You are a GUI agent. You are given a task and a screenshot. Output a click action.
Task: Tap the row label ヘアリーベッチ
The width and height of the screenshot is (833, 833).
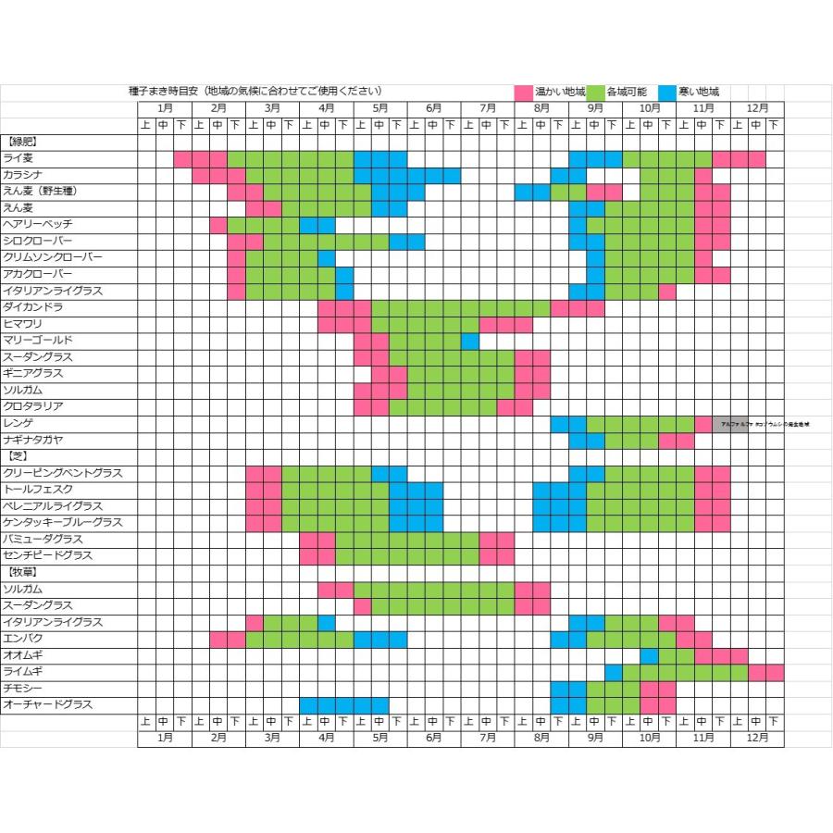38,225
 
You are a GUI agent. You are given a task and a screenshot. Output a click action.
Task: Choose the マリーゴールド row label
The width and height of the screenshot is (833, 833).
38,341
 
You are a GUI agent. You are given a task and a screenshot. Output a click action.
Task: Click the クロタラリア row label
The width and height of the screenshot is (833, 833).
32,406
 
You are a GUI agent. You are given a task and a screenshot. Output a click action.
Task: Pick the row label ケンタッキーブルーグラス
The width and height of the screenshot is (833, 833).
63,523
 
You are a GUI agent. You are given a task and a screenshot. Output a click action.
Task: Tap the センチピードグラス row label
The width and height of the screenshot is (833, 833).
48,555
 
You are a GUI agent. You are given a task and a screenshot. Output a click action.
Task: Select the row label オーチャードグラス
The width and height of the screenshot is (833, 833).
48,704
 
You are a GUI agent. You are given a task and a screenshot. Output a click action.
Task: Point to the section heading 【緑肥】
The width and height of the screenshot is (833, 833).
21,142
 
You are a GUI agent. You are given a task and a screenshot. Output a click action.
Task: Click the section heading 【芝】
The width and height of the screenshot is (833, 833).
16,456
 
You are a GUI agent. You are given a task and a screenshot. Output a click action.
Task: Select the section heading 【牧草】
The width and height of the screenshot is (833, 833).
21,572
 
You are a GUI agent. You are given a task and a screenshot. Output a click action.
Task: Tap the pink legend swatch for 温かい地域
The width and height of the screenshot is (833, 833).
523,93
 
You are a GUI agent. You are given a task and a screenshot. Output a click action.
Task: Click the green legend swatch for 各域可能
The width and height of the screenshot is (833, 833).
595,93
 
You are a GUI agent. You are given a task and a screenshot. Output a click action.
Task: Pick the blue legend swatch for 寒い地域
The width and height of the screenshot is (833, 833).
667,93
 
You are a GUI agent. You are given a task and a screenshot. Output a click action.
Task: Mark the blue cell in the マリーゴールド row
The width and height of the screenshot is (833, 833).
469,341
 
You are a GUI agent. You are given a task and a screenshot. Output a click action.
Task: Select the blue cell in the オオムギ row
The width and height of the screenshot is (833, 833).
649,655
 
